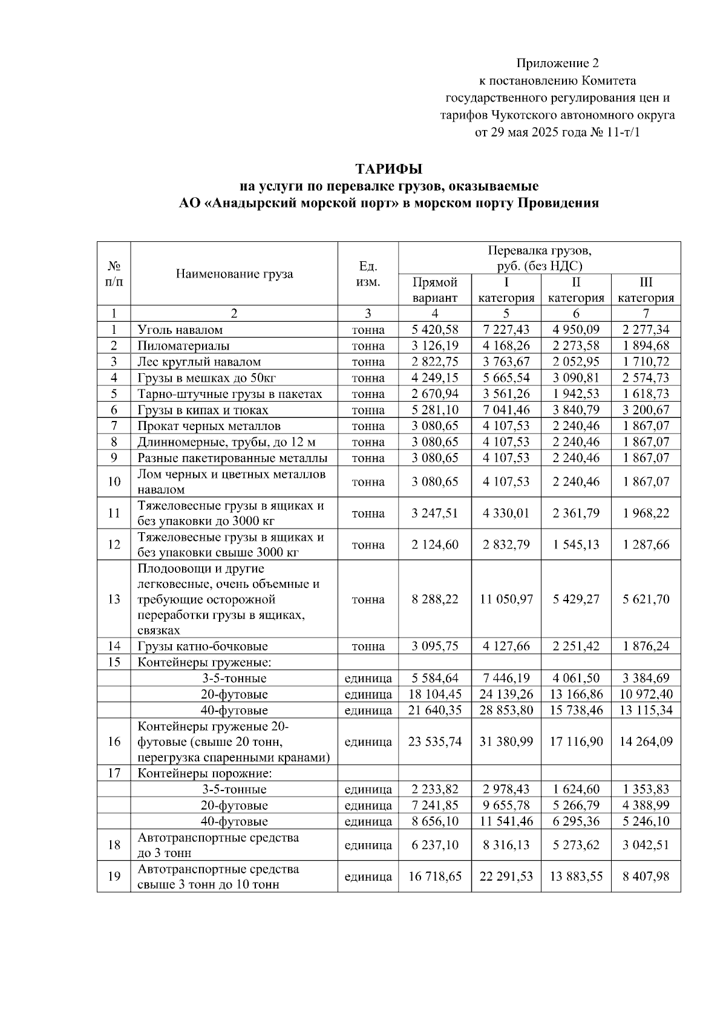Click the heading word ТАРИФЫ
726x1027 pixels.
tap(388, 169)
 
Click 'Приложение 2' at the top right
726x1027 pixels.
tap(557, 63)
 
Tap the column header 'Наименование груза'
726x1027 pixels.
tap(234, 274)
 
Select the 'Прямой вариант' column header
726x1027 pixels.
tap(434, 290)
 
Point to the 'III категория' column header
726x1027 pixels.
tap(646, 290)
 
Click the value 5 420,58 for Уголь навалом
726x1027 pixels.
tap(434, 330)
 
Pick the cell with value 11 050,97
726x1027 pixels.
tap(506, 599)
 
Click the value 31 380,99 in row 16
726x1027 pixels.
tap(506, 742)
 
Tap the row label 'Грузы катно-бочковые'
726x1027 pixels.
tap(203, 646)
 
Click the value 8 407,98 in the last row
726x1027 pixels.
tap(646, 876)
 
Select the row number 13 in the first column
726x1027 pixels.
tap(114, 599)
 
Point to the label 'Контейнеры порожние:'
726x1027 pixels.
tap(204, 774)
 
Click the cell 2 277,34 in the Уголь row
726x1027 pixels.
tap(646, 330)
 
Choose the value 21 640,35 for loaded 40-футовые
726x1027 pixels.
tap(434, 710)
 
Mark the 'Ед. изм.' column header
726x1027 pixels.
tap(368, 274)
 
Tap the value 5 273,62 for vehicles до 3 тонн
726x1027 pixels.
tap(576, 845)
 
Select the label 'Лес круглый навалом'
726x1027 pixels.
tap(199, 362)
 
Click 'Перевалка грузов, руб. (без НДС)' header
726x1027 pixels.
tap(539, 258)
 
